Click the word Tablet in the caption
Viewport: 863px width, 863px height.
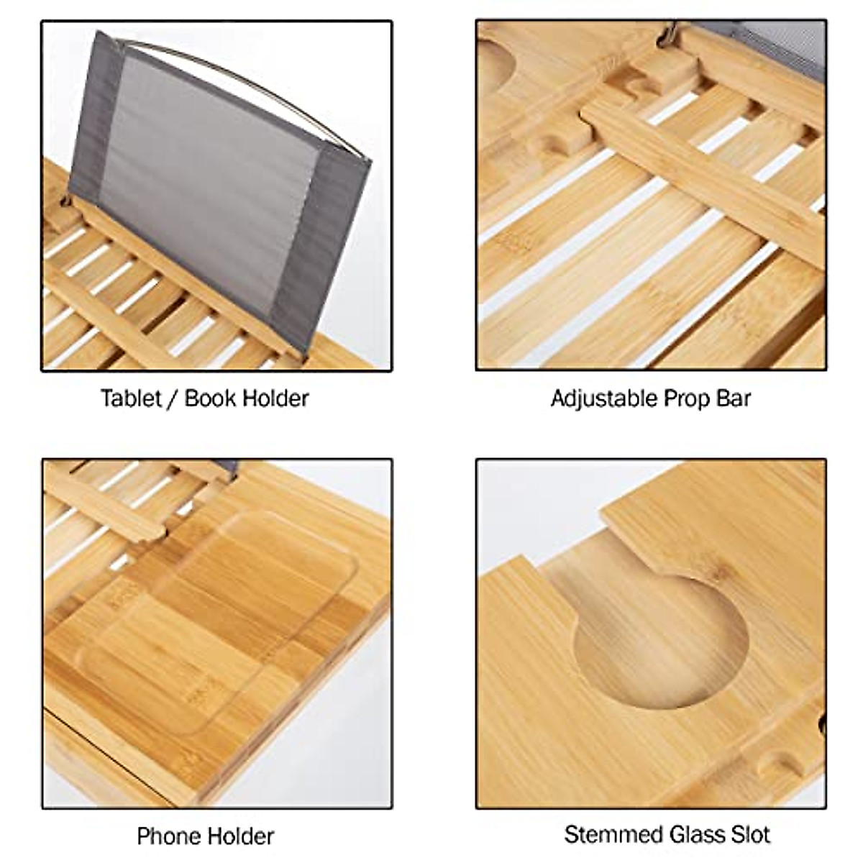pyautogui.click(x=131, y=398)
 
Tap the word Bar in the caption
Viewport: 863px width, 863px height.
pyautogui.click(x=734, y=398)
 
